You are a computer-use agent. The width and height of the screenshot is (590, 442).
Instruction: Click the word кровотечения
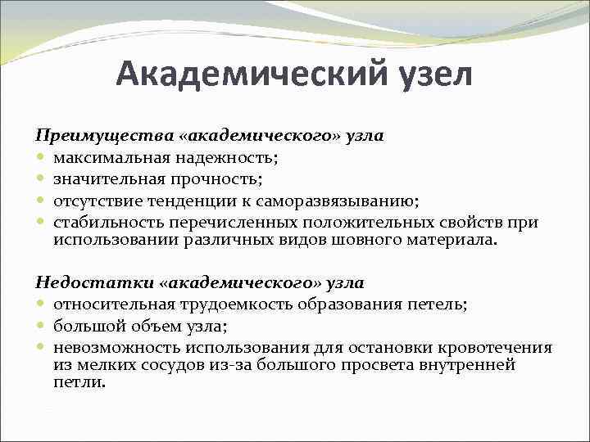coord(492,348)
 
